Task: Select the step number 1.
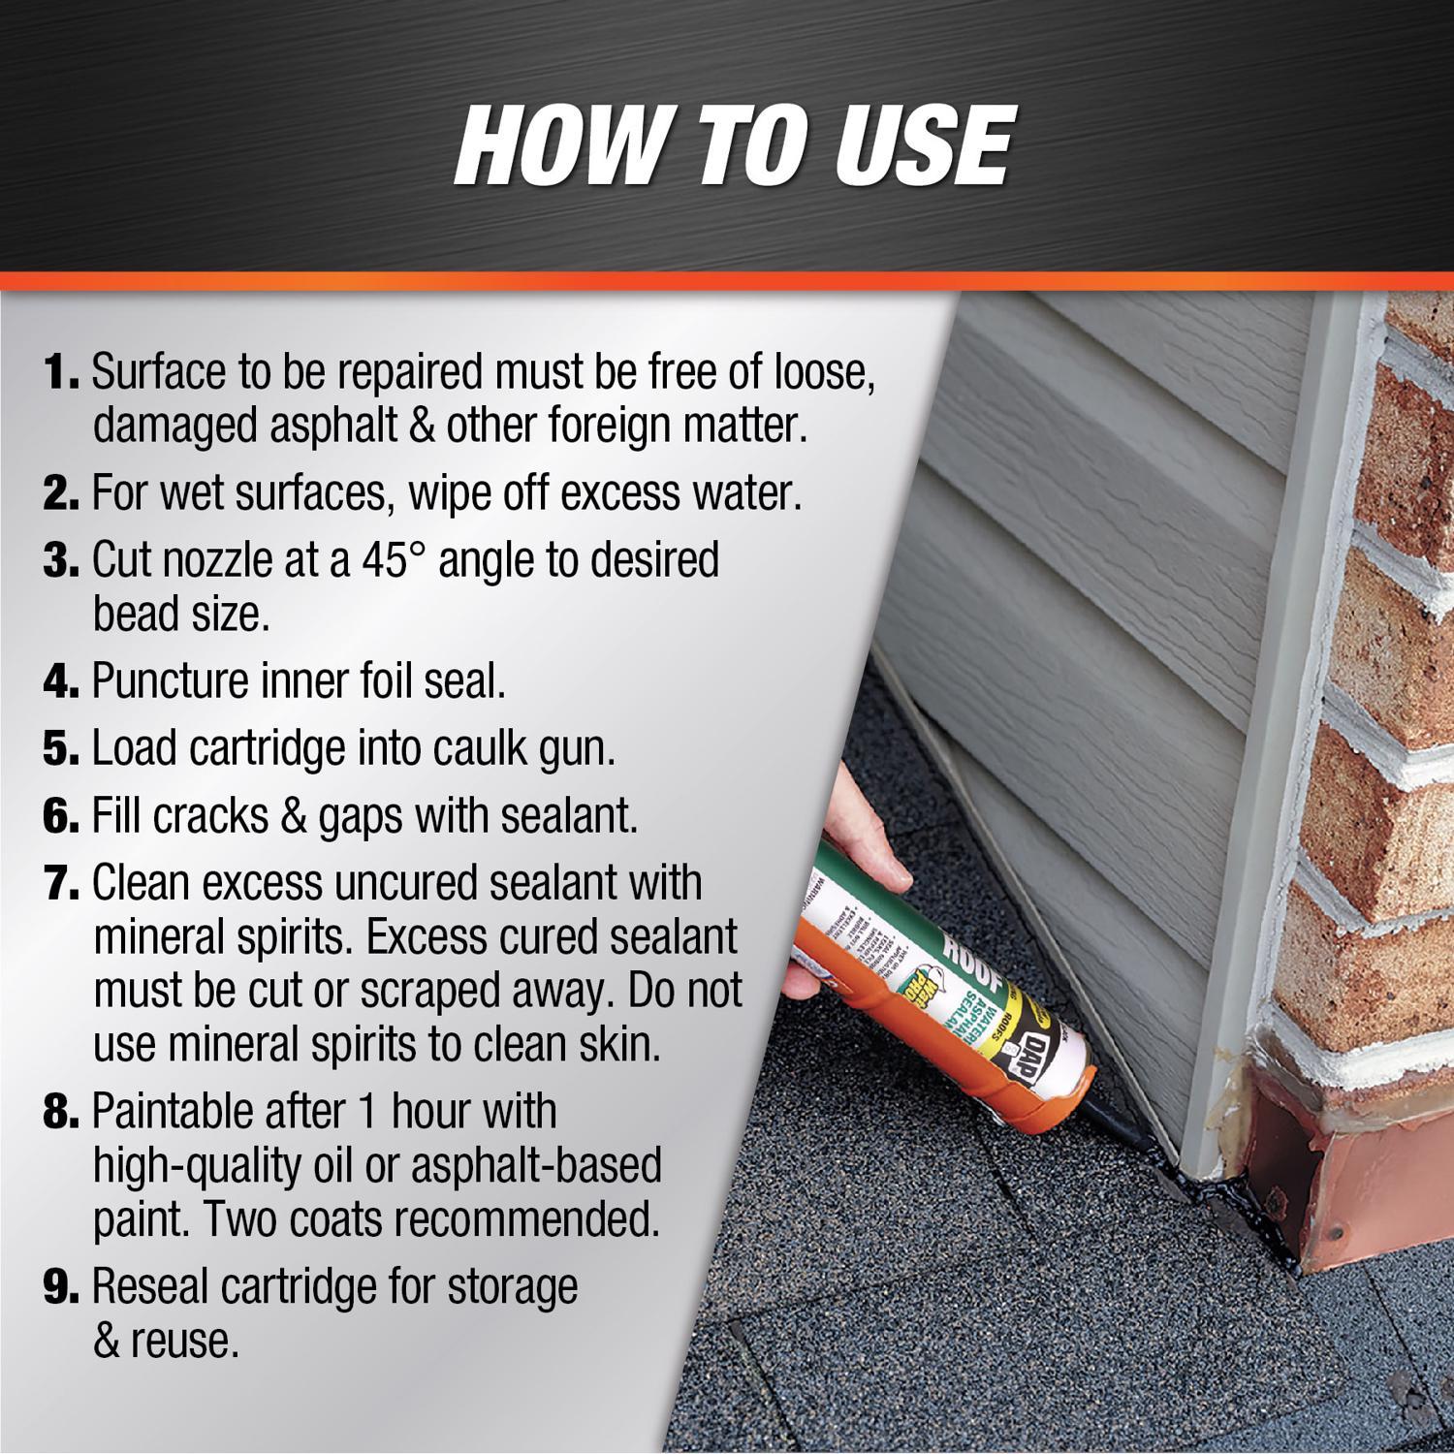coord(60,372)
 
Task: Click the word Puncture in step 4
coord(171,681)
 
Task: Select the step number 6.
coord(60,816)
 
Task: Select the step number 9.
coord(60,1287)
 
